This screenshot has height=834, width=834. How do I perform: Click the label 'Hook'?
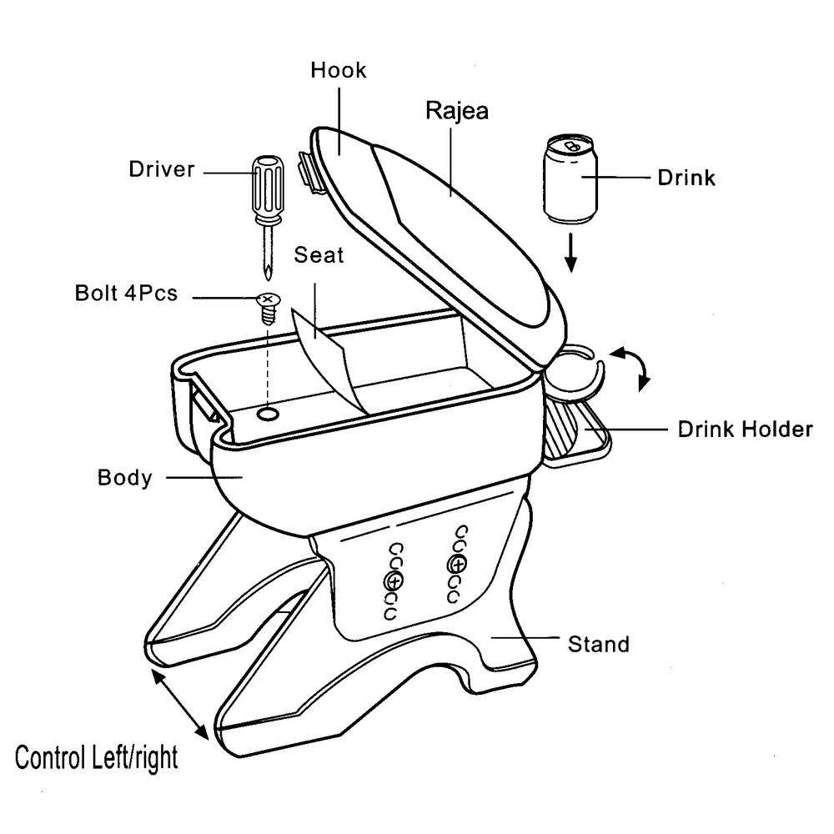[x=339, y=70]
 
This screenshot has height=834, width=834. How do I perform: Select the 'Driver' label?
[x=161, y=170]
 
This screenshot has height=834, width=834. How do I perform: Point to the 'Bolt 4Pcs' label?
[x=126, y=294]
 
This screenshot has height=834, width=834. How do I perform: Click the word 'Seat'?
[x=319, y=255]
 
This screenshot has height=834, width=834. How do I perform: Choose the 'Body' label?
[x=125, y=478]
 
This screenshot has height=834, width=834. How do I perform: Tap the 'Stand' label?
[x=598, y=644]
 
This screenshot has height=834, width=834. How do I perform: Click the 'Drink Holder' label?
[x=745, y=430]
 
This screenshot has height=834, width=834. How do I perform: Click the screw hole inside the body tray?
[x=268, y=414]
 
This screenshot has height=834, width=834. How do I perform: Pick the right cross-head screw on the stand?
[x=456, y=563]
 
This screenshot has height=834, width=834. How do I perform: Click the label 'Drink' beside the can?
[x=686, y=178]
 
